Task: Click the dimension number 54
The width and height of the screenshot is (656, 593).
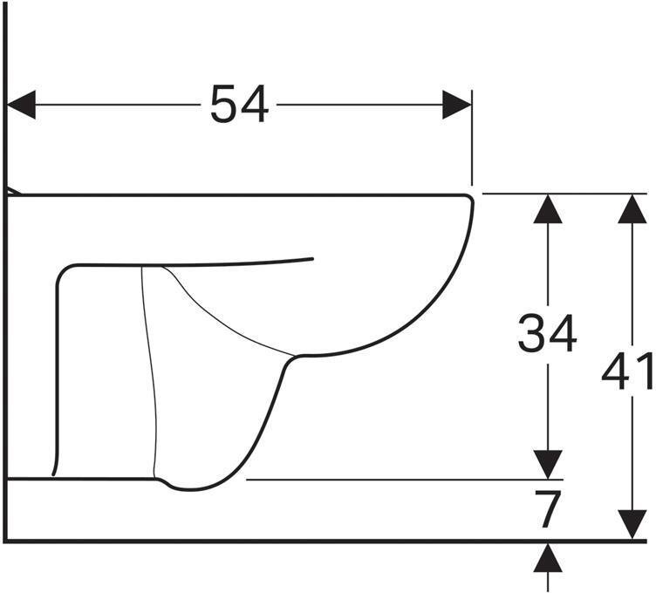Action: [x=239, y=104]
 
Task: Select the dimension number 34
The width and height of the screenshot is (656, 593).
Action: [x=547, y=333]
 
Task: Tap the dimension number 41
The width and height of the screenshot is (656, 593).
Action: [x=626, y=371]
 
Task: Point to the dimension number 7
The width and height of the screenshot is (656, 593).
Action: [x=548, y=509]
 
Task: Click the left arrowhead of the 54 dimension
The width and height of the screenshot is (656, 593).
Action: [x=21, y=104]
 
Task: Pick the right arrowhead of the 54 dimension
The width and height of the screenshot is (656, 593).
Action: [x=457, y=104]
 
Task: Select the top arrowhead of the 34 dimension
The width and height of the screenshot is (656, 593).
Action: [x=548, y=208]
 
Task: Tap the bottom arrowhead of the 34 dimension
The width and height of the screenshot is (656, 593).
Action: [x=548, y=465]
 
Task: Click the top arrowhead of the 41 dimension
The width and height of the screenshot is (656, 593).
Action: [x=632, y=208]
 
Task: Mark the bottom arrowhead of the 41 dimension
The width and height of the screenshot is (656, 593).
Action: [x=632, y=525]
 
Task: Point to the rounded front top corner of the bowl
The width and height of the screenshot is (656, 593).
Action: [x=469, y=199]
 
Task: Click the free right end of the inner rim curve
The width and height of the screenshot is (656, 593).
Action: [x=312, y=259]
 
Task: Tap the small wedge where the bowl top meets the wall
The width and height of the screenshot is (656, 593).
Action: [x=13, y=191]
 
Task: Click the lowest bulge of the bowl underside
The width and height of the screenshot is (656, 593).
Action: [x=190, y=489]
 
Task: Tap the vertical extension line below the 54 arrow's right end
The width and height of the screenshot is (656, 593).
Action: [x=472, y=137]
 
